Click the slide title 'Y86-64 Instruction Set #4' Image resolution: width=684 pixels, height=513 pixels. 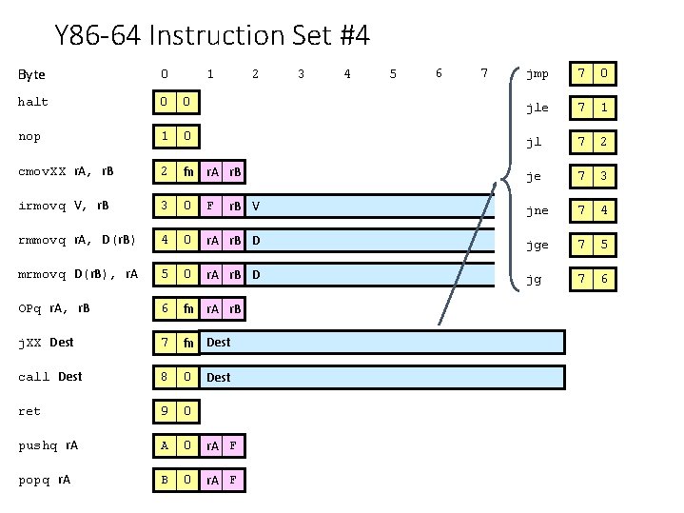tap(212, 36)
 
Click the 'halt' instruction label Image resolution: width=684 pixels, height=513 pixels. tap(33, 102)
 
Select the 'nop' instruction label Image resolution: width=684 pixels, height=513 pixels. tap(29, 136)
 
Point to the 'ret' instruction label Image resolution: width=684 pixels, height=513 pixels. tap(29, 411)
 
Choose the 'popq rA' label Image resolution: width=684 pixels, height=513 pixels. tap(45, 480)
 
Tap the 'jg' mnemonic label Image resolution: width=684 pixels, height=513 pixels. tap(534, 279)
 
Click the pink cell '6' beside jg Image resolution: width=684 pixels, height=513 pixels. tap(604, 279)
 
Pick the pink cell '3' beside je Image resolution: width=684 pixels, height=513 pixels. tap(604, 176)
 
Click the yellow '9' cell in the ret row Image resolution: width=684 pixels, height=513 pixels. tap(165, 412)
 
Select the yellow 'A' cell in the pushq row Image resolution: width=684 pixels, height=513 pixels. tap(165, 446)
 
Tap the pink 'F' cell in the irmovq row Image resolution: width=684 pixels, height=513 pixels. tap(211, 207)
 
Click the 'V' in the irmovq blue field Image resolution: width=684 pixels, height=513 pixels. tap(256, 207)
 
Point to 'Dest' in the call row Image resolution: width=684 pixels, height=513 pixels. tap(219, 378)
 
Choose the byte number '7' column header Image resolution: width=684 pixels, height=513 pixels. tap(484, 73)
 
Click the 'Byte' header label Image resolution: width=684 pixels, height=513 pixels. tap(32, 74)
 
